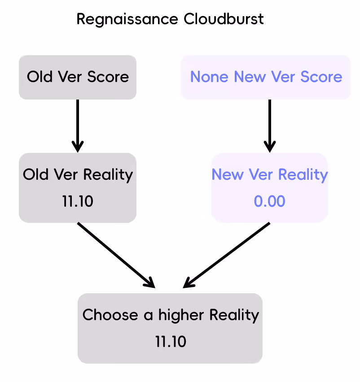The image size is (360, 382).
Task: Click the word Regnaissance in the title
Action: point(127,19)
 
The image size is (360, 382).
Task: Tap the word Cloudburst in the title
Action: point(224,19)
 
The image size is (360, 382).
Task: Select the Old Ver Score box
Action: point(78,77)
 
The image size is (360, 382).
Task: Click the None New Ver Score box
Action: point(266,77)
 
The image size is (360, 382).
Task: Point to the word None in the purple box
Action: point(209,77)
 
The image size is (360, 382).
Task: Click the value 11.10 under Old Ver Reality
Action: point(78,201)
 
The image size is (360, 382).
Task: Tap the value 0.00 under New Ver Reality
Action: point(269,201)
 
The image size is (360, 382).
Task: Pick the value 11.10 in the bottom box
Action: point(171,342)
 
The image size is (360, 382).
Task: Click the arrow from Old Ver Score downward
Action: point(78,126)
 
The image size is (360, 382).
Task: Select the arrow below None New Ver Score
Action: point(270,126)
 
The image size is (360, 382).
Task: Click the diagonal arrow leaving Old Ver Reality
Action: point(116,255)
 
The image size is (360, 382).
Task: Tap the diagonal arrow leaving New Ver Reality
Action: point(227,255)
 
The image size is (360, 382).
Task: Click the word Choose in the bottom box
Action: point(110,315)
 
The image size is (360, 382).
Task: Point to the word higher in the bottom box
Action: point(181,316)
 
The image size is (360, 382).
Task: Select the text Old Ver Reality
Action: point(78,175)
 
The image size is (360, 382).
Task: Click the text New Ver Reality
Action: point(270,175)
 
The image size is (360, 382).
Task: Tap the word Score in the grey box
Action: point(108,77)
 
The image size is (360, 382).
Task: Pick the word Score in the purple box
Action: point(321,77)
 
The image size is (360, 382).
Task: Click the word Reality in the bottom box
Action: point(234,316)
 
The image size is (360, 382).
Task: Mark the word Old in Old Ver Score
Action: point(40,77)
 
